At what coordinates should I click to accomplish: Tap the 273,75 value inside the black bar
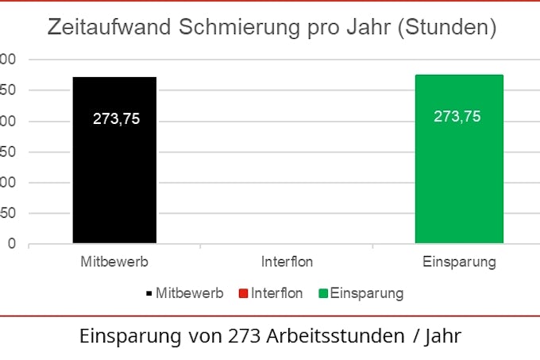click(116, 121)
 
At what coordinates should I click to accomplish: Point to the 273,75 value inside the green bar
click(457, 116)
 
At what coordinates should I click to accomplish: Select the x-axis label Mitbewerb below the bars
click(114, 261)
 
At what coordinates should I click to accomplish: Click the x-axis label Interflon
click(287, 261)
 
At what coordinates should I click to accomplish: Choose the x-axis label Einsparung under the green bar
click(459, 261)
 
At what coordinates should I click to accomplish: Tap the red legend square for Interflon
click(243, 293)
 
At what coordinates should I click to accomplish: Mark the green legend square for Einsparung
click(323, 293)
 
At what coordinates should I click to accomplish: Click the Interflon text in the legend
click(276, 293)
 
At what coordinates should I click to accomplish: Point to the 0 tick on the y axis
click(11, 244)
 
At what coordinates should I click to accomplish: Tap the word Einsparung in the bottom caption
click(129, 336)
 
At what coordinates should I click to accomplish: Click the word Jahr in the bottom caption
click(444, 336)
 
